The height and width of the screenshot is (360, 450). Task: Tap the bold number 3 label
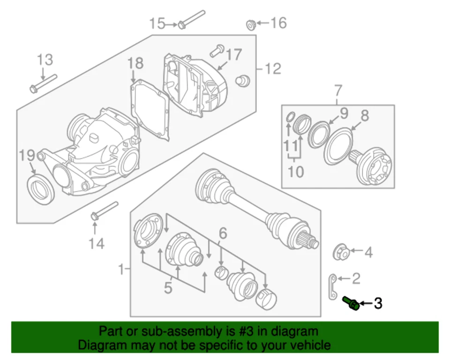click(378, 304)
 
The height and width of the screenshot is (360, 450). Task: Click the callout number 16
click(278, 22)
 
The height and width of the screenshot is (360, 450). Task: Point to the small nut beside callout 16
click(251, 23)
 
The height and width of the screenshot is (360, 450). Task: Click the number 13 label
click(45, 60)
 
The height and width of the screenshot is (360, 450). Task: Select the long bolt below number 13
click(43, 83)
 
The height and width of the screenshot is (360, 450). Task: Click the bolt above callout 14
click(104, 210)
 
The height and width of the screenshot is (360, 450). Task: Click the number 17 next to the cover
click(234, 55)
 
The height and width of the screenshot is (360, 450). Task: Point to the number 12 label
click(272, 69)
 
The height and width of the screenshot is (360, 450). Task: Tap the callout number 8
click(364, 115)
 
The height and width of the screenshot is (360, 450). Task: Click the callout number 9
click(344, 113)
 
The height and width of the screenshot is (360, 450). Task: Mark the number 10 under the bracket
click(296, 171)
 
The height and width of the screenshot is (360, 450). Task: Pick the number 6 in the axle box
click(223, 232)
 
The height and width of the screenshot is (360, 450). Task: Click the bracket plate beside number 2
click(332, 285)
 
